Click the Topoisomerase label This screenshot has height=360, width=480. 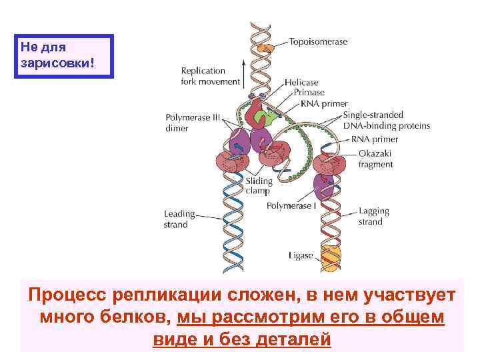click(x=318, y=41)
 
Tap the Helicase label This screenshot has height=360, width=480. click(x=301, y=83)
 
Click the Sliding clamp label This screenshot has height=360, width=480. click(x=259, y=186)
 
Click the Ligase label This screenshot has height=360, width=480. click(x=301, y=255)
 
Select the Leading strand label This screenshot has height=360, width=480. click(x=179, y=219)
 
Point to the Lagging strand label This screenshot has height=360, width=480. click(x=373, y=216)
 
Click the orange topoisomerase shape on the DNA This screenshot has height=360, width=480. click(x=265, y=48)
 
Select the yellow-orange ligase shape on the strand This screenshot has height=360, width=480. click(x=329, y=255)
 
